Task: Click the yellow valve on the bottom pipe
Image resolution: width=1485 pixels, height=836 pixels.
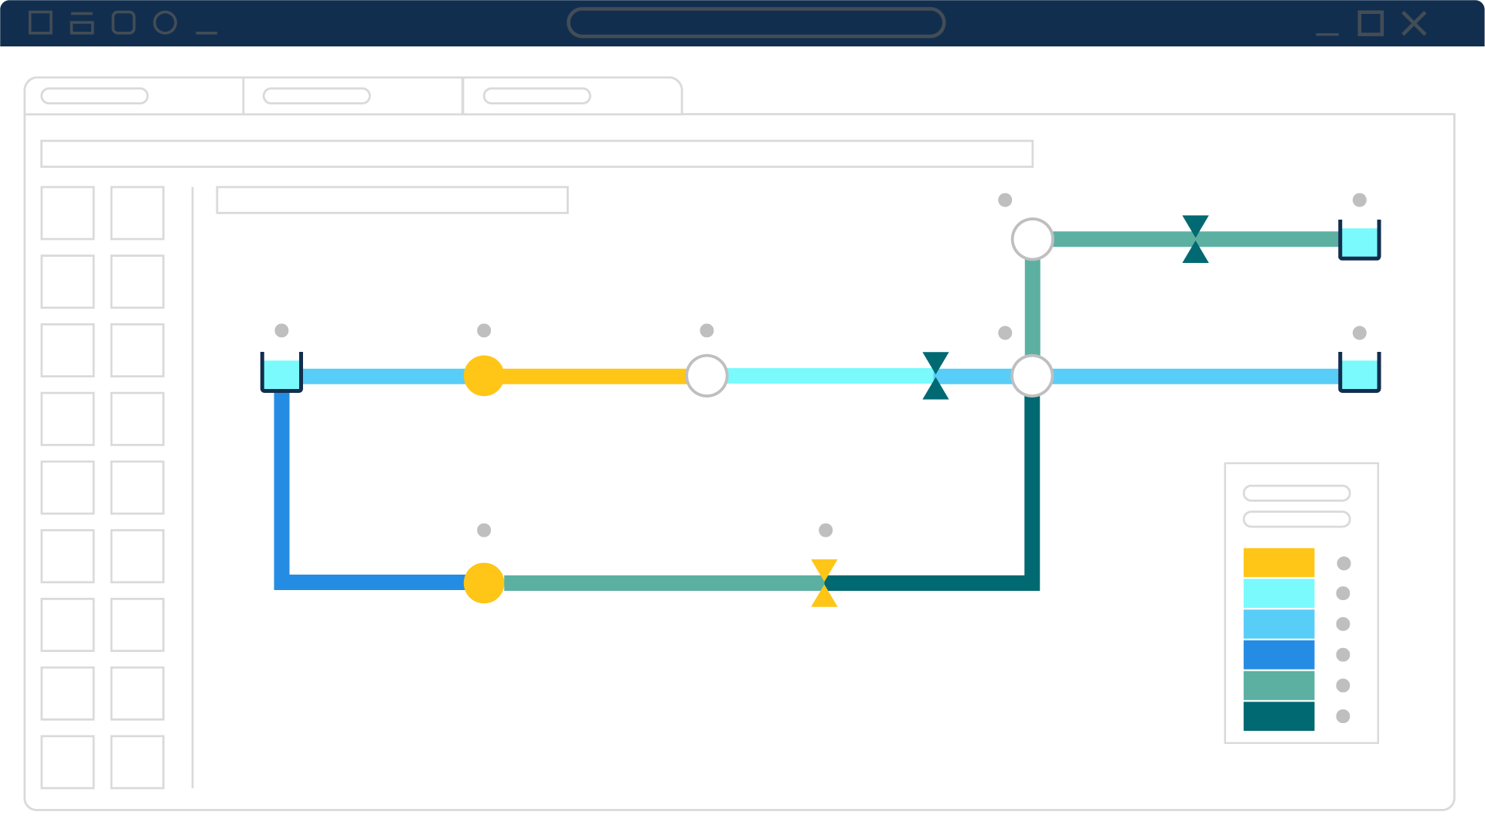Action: [824, 583]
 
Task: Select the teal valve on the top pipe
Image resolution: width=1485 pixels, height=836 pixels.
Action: [1195, 239]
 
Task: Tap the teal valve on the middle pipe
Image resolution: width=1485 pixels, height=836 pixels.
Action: [935, 376]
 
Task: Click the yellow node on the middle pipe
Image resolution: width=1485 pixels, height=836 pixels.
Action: [484, 376]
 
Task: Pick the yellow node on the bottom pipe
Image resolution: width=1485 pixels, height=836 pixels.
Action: [484, 583]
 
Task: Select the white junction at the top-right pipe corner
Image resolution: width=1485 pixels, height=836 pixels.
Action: [1032, 239]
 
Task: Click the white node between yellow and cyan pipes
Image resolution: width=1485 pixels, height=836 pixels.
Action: [707, 376]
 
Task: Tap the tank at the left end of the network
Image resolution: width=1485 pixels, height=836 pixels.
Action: [281, 373]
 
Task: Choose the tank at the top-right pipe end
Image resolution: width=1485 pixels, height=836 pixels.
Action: [1359, 240]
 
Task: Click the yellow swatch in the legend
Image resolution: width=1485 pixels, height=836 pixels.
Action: [1279, 562]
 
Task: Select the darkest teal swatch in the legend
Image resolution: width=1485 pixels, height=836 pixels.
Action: [1279, 716]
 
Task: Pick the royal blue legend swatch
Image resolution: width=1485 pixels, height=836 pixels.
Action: [1279, 654]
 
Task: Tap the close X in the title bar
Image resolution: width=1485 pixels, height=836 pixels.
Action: [1414, 24]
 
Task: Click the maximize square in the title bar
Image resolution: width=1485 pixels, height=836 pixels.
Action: [1371, 24]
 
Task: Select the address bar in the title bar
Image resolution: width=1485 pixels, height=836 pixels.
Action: [755, 22]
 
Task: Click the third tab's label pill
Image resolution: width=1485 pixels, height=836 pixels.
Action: [536, 96]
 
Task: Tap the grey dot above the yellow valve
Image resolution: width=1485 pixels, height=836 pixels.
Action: [826, 531]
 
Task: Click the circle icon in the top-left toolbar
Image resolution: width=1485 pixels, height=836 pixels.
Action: [165, 23]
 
